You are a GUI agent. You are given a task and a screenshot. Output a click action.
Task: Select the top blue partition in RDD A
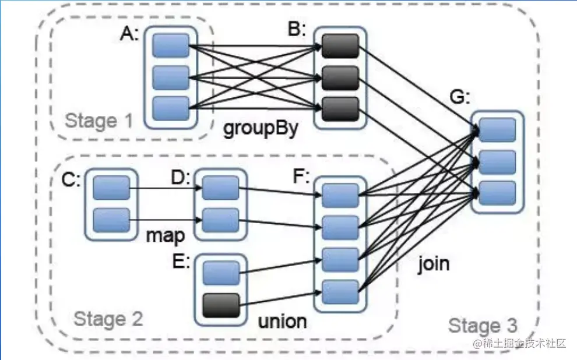[171, 45]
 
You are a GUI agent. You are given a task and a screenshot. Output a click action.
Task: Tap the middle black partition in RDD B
[340, 77]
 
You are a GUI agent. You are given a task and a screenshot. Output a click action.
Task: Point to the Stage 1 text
[98, 121]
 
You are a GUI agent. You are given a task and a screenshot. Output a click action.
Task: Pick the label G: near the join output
[460, 97]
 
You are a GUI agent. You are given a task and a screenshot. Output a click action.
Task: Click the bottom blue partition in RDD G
[497, 193]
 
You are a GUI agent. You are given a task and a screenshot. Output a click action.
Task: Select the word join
[434, 263]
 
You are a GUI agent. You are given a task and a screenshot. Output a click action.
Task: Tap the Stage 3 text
[483, 326]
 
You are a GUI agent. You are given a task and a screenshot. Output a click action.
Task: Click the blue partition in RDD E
[221, 273]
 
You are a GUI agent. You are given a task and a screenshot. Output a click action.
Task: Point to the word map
[165, 236]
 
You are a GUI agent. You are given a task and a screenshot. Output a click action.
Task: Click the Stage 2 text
[108, 319]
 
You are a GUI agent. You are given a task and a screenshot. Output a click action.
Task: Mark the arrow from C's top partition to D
[166, 189]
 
